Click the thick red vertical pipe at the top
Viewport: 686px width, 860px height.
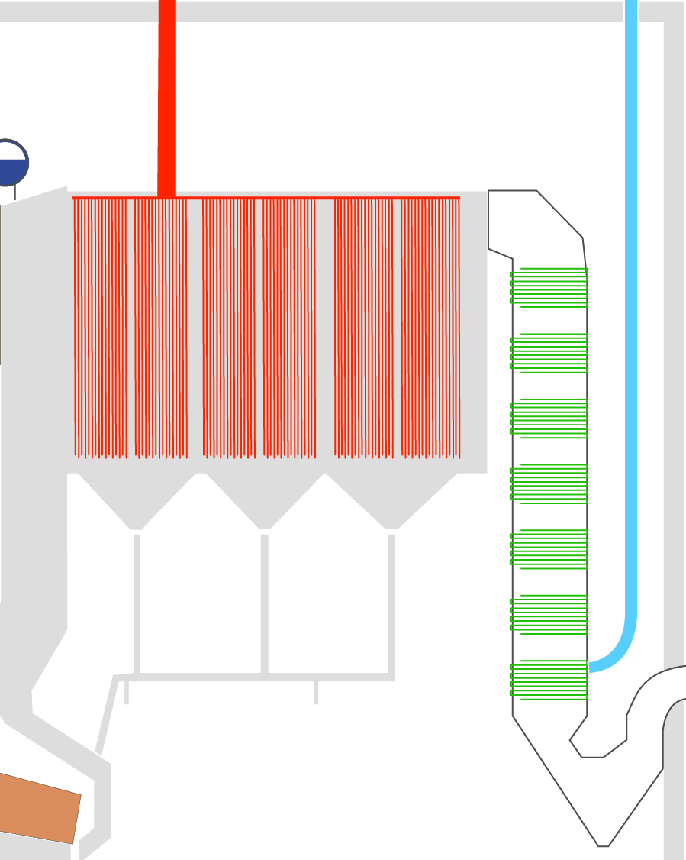166,99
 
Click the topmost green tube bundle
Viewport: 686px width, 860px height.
549,288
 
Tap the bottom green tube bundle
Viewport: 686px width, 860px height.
549,679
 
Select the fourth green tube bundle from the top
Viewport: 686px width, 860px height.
549,483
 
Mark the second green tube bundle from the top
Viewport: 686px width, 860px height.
549,353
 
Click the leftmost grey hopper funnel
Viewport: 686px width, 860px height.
136,500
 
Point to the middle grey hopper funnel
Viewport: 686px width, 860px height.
264,500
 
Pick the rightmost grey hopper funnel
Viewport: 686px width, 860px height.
391,500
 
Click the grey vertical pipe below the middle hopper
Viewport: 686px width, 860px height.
265,603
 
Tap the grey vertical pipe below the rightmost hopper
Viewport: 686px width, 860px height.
391,603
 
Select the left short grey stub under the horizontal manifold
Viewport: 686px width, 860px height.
127,692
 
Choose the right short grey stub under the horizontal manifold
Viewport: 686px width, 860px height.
316,692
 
